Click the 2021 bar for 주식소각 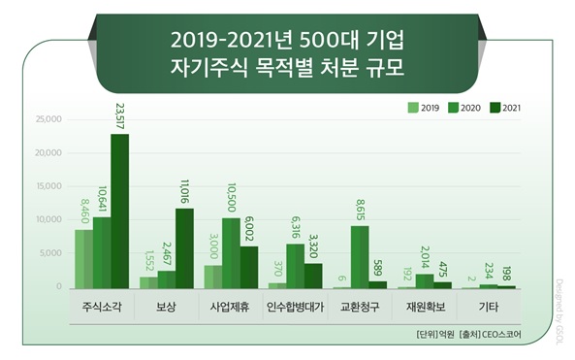point(119,211)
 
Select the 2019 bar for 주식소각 point(84,258)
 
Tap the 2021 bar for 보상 point(183,248)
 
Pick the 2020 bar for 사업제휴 point(231,252)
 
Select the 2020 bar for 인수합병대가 point(296,265)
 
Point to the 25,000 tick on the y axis point(48,120)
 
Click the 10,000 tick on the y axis point(48,220)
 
